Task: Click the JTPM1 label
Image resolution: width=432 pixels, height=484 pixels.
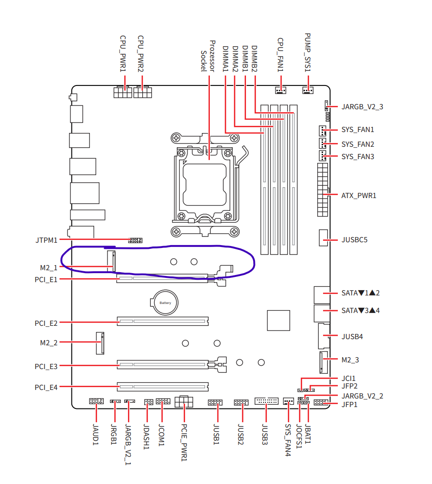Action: pos(46,240)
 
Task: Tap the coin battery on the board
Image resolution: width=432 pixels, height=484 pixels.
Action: pos(165,303)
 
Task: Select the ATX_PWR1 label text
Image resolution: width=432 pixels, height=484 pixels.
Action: pos(359,195)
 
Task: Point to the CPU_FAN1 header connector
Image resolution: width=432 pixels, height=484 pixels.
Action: pos(281,90)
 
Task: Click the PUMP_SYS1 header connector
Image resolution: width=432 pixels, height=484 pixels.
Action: pos(308,90)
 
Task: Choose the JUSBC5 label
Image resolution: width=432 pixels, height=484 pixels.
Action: pos(354,240)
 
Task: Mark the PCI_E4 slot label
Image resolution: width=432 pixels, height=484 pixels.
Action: pos(46,388)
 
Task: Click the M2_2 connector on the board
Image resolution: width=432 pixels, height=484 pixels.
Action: pos(100,343)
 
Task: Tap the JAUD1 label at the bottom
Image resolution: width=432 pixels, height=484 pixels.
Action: pos(96,435)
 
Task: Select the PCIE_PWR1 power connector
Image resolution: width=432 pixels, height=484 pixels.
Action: pos(184,401)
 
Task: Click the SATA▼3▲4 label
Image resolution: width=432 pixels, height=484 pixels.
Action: pos(361,311)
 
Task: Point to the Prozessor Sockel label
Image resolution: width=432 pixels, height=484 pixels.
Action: pos(208,56)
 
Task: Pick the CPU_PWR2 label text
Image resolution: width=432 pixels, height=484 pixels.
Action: pos(141,54)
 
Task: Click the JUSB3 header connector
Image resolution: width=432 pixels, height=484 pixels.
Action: pos(266,401)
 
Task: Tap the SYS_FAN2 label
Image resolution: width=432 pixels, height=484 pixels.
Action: pos(358,144)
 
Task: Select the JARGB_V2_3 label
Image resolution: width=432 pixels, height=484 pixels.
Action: pos(362,107)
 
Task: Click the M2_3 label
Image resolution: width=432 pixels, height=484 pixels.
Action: pos(350,360)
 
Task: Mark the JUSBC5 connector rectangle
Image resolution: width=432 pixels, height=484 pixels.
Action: pos(323,237)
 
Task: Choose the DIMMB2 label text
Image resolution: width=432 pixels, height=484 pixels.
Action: pos(254,58)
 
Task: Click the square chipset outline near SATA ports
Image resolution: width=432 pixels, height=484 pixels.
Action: pos(278,321)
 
